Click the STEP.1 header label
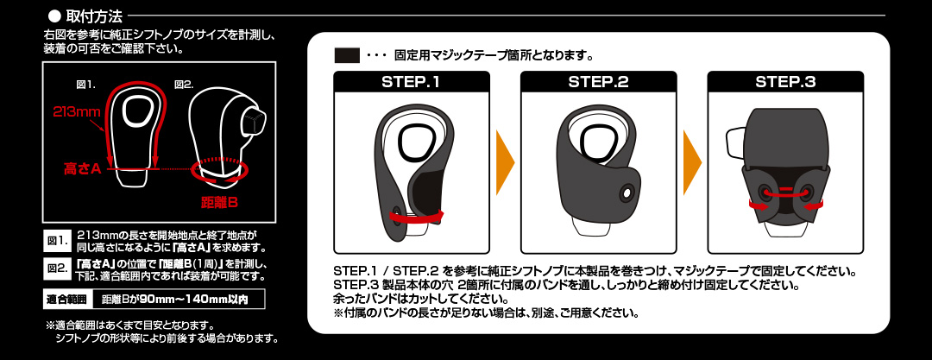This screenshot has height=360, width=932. (412, 82)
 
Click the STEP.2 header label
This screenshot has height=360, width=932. (599, 82)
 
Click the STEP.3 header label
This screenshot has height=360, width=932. (785, 82)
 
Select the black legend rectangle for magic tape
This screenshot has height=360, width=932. (347, 56)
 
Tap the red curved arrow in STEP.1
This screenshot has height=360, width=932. (419, 218)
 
